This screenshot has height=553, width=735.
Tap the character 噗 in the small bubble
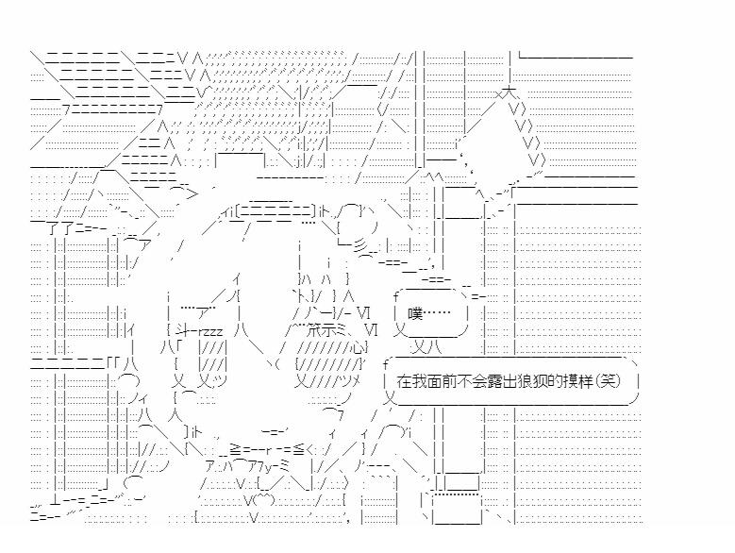coord(415,313)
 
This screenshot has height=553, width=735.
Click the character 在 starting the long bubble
coord(406,382)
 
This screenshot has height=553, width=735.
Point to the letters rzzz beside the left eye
coord(208,329)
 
